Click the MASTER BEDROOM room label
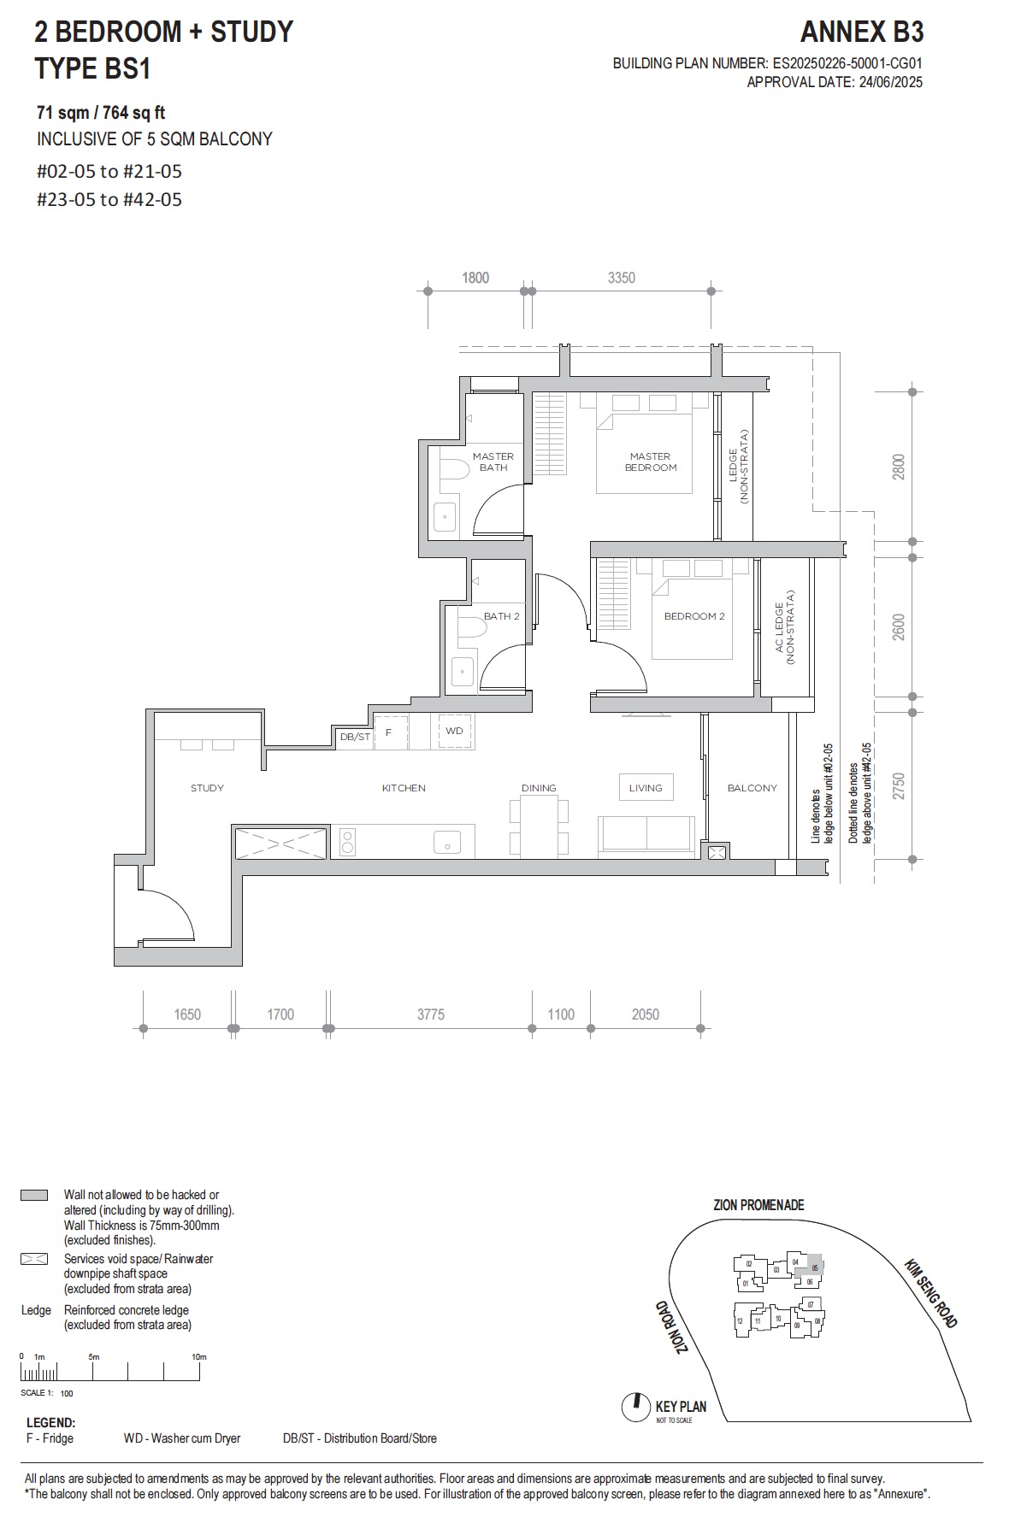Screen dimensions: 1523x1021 [x=650, y=462]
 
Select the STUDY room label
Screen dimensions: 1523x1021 [x=207, y=788]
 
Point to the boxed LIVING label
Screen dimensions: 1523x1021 [x=646, y=788]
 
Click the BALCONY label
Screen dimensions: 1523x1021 [x=752, y=788]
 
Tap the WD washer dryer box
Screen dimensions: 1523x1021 [x=454, y=732]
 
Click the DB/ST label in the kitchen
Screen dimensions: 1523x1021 [x=355, y=737]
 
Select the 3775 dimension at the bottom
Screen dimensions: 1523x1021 [x=430, y=1014]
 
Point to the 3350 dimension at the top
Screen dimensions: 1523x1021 [x=621, y=278]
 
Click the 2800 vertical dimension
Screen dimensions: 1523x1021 [x=898, y=467]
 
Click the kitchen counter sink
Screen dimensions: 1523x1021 [x=447, y=843]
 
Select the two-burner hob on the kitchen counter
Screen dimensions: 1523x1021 [x=348, y=842]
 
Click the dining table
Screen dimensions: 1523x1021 [x=539, y=826]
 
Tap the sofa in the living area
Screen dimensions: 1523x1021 [x=646, y=834]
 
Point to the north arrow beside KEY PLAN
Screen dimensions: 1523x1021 [x=635, y=1406]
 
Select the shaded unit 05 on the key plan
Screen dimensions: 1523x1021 [x=814, y=1268]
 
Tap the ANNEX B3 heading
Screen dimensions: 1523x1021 [x=861, y=32]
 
